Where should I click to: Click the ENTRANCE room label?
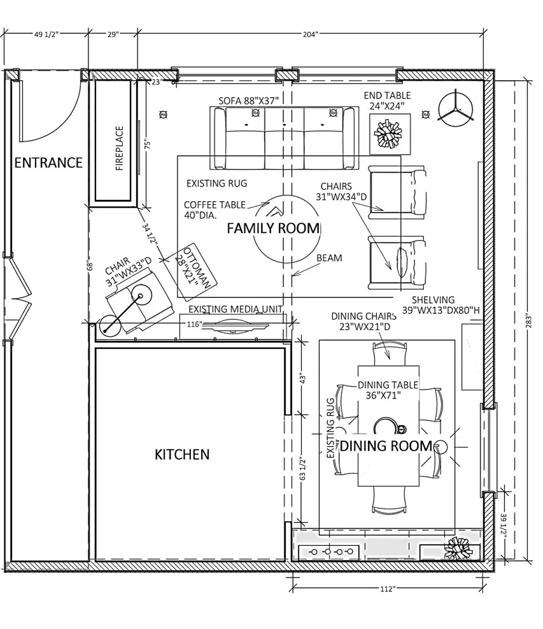[x=48, y=163]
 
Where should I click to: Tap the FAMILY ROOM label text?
[x=273, y=229]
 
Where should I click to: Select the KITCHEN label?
[x=182, y=455]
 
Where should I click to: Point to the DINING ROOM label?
[x=386, y=446]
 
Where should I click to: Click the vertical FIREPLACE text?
[x=119, y=149]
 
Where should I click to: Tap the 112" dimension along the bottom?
[x=386, y=589]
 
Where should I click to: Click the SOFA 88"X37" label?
[x=250, y=101]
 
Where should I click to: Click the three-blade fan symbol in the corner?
[x=456, y=107]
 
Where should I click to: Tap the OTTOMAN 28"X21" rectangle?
[x=196, y=273]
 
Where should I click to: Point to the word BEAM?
[x=329, y=258]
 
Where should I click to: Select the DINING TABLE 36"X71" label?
[x=388, y=390]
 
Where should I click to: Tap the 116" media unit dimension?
[x=195, y=325]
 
